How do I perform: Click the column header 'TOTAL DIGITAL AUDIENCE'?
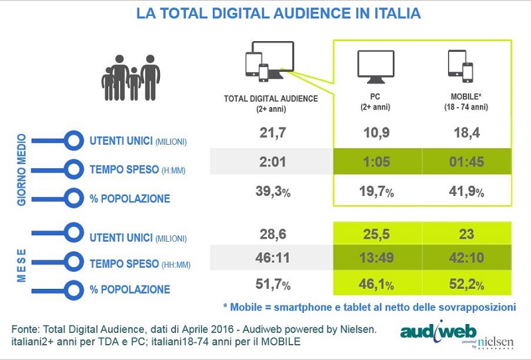pyautogui.click(x=271, y=98)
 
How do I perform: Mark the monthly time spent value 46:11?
pyautogui.click(x=273, y=259)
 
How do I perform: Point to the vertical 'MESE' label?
pyautogui.click(x=21, y=262)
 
